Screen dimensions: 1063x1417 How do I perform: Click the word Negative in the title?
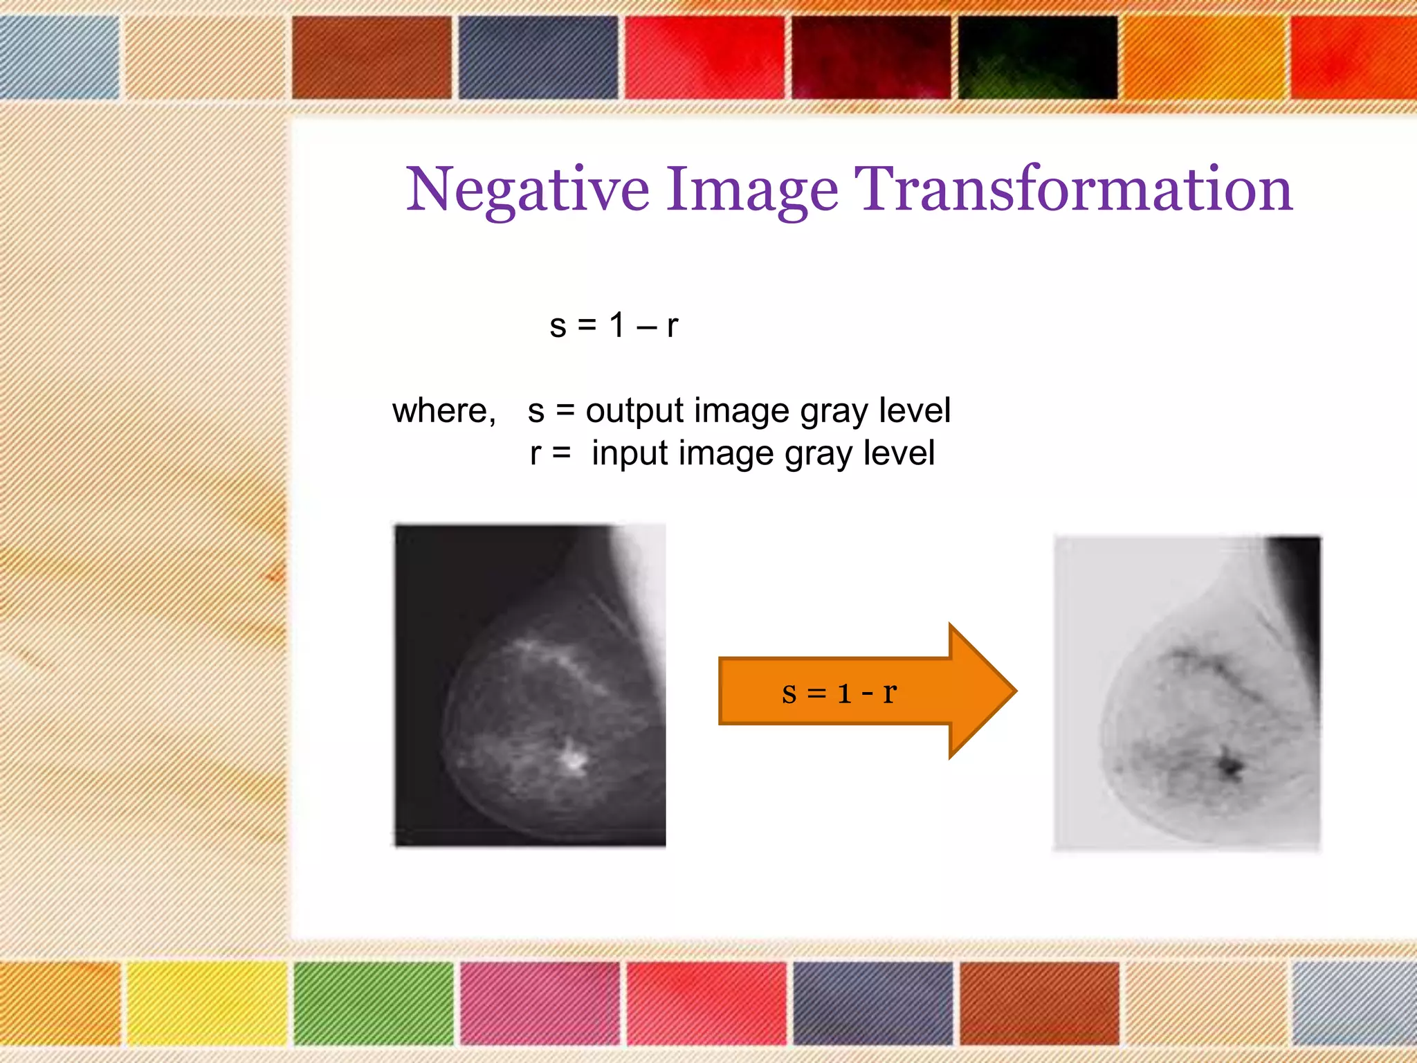point(527,190)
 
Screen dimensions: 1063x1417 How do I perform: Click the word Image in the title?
point(751,190)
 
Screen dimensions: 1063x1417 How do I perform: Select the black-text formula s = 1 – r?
point(614,325)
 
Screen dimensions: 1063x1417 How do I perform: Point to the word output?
point(634,411)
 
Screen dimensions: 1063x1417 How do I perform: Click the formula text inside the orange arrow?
point(839,692)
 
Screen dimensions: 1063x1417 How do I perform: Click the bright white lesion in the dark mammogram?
point(573,757)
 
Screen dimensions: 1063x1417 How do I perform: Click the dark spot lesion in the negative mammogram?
point(1229,765)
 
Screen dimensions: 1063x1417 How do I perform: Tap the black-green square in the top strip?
point(1038,57)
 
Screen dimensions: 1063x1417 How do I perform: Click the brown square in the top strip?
point(372,57)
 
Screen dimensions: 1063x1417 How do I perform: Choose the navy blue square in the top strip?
point(538,57)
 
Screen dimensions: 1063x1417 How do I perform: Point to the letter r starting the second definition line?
point(535,454)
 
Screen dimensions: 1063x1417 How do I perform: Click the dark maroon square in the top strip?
point(871,57)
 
